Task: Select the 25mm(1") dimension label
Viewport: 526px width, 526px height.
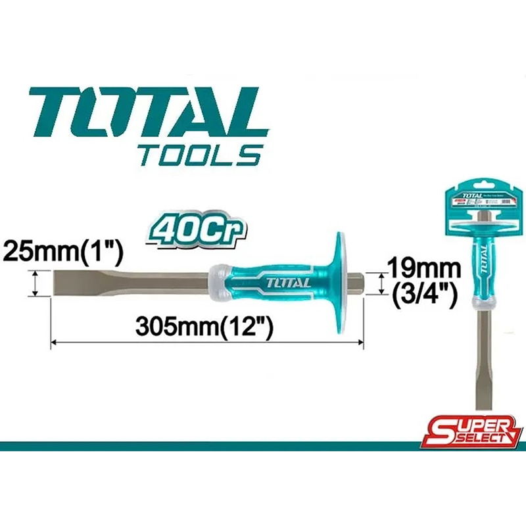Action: click(x=62, y=251)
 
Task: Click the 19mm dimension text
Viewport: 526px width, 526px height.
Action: click(x=421, y=267)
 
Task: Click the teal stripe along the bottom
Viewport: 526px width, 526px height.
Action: click(x=263, y=446)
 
